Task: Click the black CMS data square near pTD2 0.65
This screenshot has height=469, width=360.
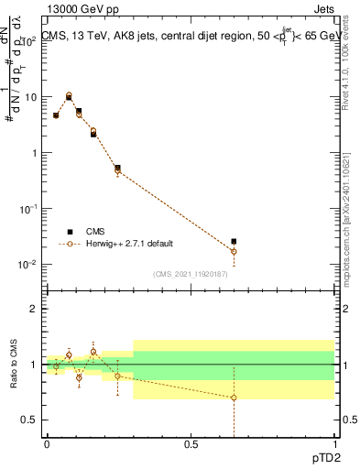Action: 234,242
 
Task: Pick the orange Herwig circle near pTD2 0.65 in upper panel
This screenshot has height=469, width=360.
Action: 234,251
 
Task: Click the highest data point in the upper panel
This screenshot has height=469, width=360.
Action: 69,95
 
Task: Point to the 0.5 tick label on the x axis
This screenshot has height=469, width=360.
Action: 191,444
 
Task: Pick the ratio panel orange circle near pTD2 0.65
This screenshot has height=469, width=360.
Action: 234,398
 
